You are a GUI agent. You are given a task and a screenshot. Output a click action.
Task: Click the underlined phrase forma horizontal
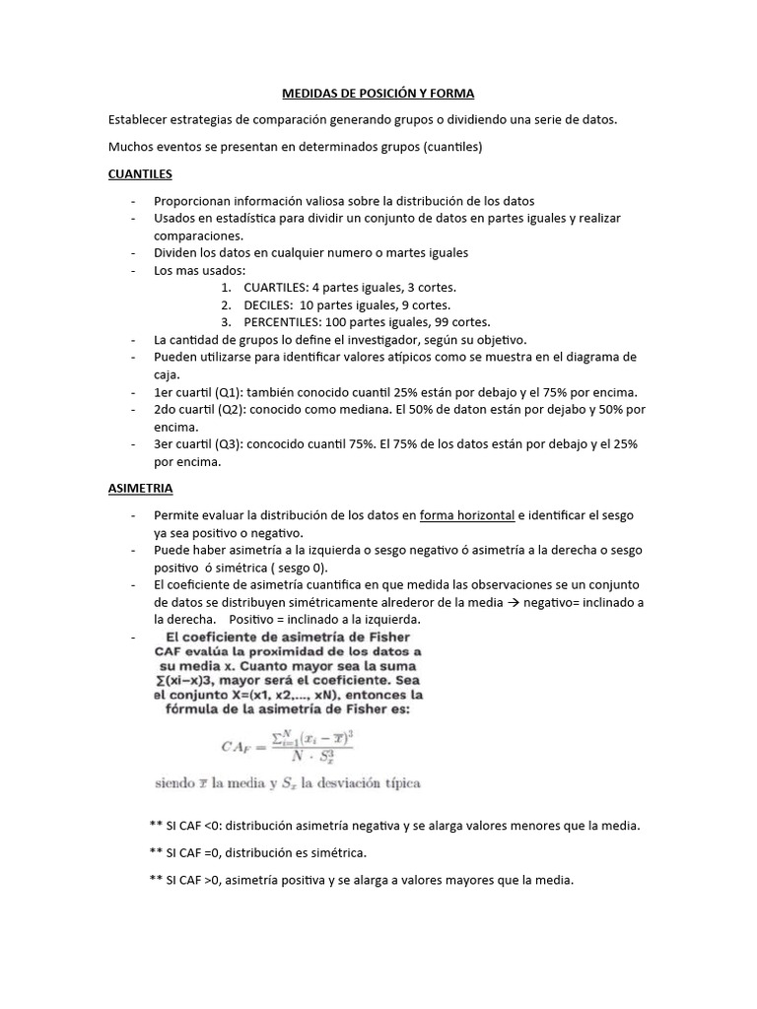[x=467, y=515]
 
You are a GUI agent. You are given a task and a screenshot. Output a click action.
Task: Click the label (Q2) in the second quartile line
[x=227, y=409]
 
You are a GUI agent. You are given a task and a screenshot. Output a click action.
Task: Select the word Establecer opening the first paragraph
[x=141, y=119]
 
